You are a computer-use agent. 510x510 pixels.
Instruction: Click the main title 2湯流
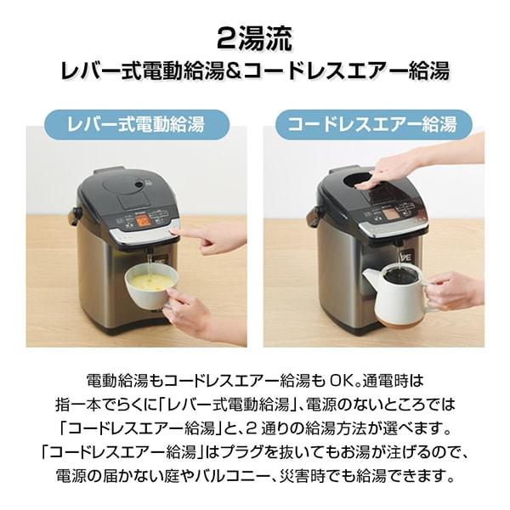[x=255, y=38]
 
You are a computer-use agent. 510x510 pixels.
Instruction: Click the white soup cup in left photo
[x=144, y=289]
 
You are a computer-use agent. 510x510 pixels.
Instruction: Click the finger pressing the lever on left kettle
[x=191, y=231]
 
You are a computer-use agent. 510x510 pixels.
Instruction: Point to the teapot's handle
[x=429, y=285]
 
